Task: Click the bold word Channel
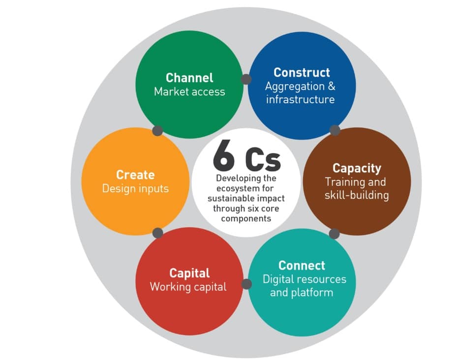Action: pos(189,78)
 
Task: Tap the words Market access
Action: pos(189,91)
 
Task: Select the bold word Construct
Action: pos(302,72)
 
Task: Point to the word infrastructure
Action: pos(300,99)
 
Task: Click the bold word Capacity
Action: pos(357,168)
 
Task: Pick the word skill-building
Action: pos(357,195)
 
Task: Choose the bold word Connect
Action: pos(302,266)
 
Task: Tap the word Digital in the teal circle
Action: pos(279,279)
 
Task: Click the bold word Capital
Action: pos(189,273)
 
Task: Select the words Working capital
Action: pos(188,287)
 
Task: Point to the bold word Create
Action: pos(135,175)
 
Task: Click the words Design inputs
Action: pos(135,188)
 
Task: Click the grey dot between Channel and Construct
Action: pos(246,79)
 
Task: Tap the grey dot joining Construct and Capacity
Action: pos(335,130)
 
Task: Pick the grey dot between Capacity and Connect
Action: pos(334,234)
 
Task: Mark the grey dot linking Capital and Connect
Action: pos(246,284)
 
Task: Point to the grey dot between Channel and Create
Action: pos(157,130)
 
